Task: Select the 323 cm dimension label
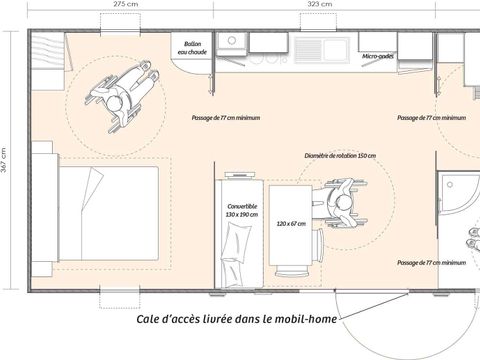[317, 6]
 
